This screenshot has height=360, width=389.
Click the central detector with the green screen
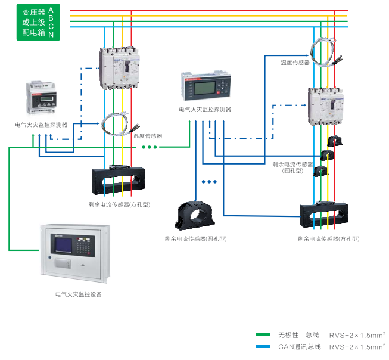click(x=205, y=89)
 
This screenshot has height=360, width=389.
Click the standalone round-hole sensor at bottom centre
click(x=196, y=216)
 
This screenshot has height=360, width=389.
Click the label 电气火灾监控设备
click(x=79, y=294)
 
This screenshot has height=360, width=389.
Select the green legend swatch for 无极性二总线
click(x=263, y=335)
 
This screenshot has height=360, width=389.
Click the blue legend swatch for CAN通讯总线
click(x=263, y=346)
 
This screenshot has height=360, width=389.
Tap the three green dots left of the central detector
click(x=148, y=147)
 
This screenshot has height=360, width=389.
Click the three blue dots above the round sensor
click(x=209, y=181)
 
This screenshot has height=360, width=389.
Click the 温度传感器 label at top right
click(x=295, y=62)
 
